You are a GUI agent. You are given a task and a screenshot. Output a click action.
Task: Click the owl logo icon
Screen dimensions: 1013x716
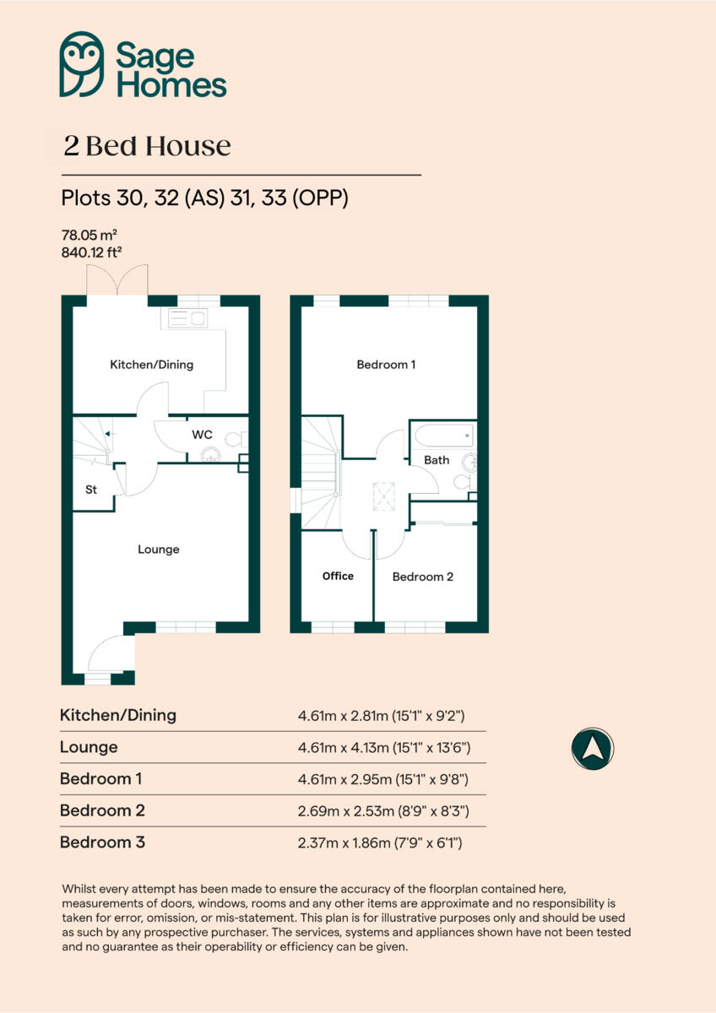[82, 64]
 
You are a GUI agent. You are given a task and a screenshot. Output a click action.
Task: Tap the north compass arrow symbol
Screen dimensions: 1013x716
[592, 748]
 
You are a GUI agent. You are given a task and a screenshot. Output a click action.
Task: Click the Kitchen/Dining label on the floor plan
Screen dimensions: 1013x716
[152, 365]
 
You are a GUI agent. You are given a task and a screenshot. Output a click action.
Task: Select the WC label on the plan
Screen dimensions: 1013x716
[202, 435]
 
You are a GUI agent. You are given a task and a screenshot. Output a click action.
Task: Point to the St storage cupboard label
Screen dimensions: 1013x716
[90, 490]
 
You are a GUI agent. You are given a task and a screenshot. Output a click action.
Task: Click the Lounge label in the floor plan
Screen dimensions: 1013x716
[159, 550]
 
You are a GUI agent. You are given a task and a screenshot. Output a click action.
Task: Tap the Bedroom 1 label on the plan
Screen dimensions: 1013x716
[386, 365]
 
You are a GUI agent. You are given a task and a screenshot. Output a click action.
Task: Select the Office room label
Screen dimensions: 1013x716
[338, 576]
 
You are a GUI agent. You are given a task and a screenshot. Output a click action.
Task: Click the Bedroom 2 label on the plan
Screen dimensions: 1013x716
[423, 577]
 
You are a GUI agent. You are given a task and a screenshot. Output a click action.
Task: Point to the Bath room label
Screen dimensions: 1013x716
[437, 460]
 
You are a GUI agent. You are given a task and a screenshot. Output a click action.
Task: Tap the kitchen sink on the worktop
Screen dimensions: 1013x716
[187, 318]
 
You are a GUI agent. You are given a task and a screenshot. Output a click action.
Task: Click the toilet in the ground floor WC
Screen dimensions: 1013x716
[238, 439]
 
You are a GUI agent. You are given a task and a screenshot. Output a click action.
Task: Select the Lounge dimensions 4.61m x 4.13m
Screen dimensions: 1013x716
[382, 748]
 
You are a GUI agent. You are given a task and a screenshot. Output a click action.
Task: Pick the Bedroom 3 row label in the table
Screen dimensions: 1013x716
[102, 842]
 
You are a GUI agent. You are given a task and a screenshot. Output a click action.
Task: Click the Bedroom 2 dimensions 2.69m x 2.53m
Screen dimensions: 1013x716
[382, 810]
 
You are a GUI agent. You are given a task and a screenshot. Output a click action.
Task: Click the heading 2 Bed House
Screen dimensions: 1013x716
[147, 146]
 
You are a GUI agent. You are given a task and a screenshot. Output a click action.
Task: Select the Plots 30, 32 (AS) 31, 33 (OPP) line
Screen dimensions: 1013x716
[204, 198]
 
